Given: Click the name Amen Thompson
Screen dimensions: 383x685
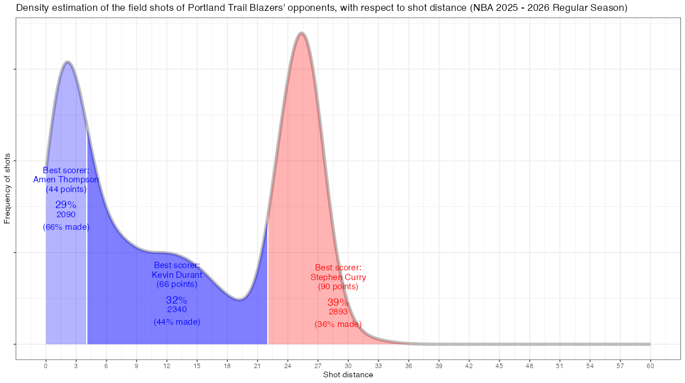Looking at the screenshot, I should [66, 179].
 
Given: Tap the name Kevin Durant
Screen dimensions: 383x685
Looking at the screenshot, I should [177, 275].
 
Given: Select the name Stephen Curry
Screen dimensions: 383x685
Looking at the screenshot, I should [338, 277].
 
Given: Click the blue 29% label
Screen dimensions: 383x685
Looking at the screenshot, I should [66, 205].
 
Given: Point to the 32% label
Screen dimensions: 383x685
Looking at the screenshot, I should [177, 300].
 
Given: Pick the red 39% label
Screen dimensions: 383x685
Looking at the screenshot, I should [338, 302].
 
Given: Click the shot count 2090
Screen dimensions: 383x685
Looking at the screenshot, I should [66, 215].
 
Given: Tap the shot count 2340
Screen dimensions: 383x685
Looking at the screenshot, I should [177, 310].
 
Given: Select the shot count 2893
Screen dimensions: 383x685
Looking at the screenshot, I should [338, 312].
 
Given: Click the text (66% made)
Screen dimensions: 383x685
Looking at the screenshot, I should [66, 227].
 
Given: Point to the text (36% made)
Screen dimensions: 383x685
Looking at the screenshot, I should [338, 324].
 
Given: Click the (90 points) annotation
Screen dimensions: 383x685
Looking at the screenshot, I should [338, 286].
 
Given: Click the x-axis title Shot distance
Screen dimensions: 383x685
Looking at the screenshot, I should [348, 375].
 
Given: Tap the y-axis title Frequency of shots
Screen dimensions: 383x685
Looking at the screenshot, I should [7, 188].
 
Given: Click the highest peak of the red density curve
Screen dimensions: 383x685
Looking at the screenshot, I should [301, 33].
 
